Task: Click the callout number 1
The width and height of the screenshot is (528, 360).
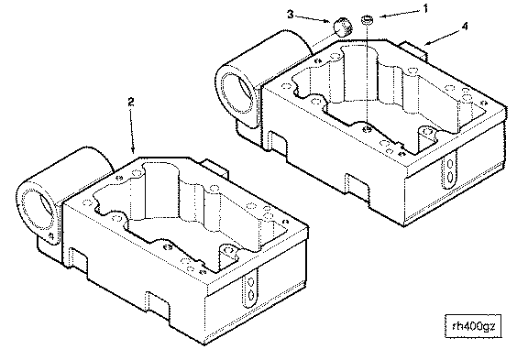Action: point(425,8)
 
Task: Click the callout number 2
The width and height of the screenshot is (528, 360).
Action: point(131,102)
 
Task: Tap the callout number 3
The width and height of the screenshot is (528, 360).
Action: point(291,14)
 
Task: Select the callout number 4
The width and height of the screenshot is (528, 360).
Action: point(465,27)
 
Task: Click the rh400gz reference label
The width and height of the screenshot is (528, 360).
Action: point(473,326)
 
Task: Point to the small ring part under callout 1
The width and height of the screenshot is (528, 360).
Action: point(367,19)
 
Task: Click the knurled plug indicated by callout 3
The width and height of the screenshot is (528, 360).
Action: point(343,27)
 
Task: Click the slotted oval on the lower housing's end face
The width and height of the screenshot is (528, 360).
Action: point(250,288)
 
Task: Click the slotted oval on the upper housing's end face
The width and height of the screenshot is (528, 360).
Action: point(450,169)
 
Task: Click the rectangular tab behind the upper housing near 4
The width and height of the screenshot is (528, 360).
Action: point(413,49)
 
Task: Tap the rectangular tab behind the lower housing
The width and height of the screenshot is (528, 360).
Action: point(215,169)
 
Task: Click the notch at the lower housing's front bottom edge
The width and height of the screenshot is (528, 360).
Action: point(158,308)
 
